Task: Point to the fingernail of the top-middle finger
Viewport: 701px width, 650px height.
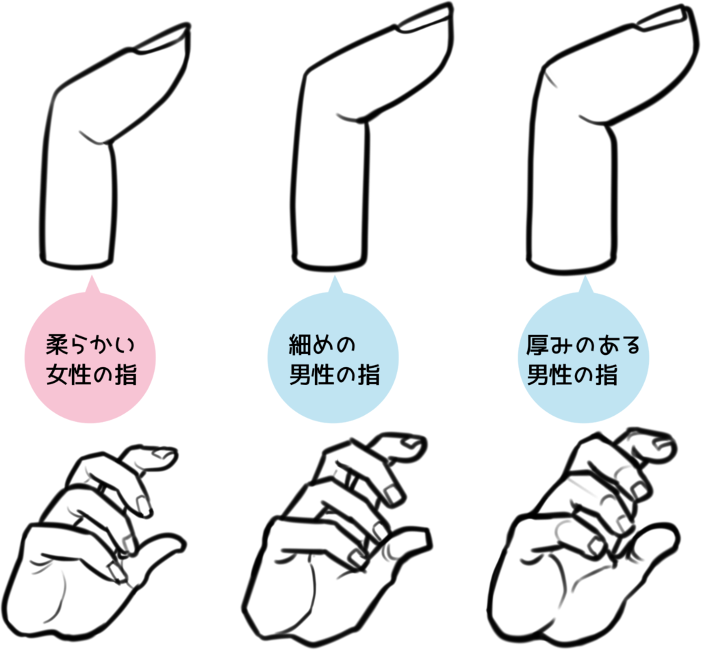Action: [x=424, y=20]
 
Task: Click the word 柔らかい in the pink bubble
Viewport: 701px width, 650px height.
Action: [x=90, y=345]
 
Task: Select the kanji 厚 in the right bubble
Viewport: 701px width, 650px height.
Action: [x=537, y=345]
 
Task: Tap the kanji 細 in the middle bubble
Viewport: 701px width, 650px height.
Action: [x=300, y=345]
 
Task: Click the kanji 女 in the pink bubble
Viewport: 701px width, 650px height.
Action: [x=57, y=375]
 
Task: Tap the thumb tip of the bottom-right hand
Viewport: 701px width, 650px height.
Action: [x=671, y=534]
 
